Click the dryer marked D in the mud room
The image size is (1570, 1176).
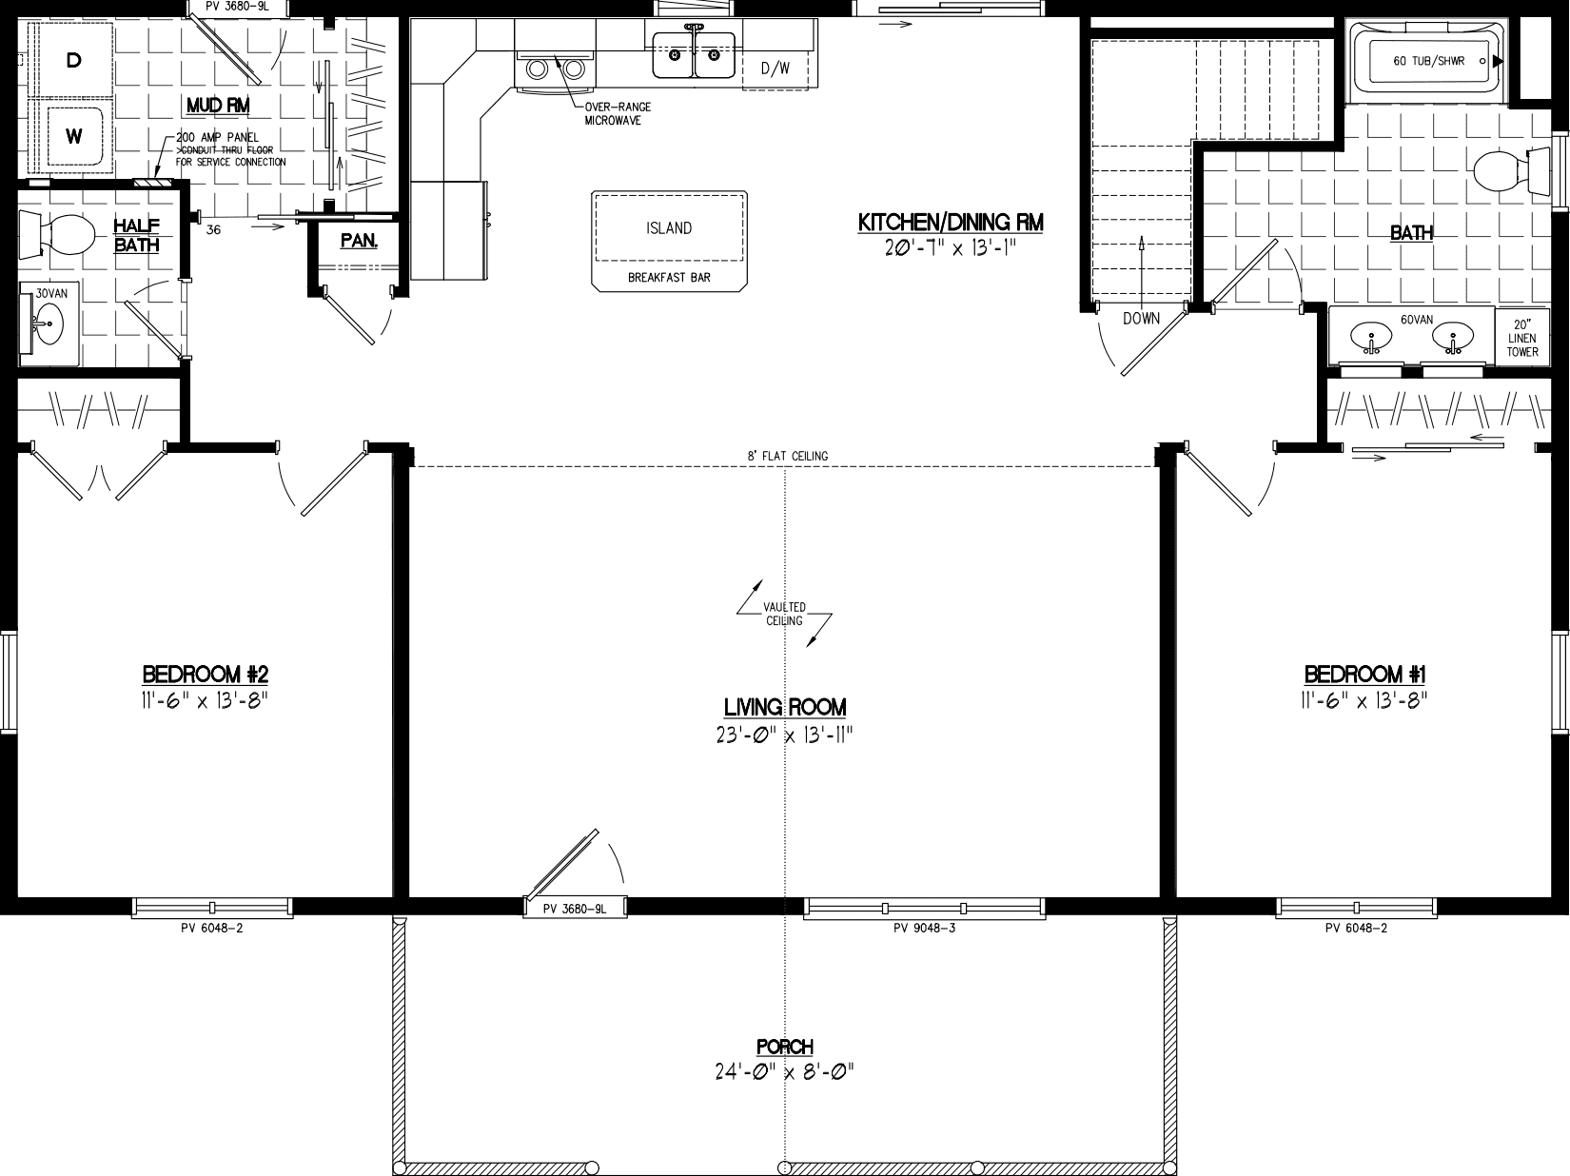coord(73,61)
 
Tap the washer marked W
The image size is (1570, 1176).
coord(73,136)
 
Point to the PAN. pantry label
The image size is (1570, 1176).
coord(359,241)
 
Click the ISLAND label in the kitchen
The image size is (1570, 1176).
coord(669,228)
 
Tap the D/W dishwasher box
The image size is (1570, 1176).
coord(775,69)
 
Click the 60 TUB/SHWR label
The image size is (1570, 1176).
coord(1428,61)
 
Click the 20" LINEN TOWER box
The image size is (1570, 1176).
coord(1521,338)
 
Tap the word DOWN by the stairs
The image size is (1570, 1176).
coord(1141,319)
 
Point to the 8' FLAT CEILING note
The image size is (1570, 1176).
coord(787,456)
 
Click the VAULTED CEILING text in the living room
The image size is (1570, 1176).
coord(785,614)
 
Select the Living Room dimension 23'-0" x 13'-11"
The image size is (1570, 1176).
coord(784,735)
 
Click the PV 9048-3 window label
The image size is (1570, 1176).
coord(924,928)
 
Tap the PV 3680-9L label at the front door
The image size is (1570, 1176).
coord(575,909)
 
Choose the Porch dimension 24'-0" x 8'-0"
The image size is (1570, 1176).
coord(784,1072)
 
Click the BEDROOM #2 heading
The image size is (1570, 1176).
coord(206,675)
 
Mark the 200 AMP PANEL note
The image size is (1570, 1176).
coord(217,138)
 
